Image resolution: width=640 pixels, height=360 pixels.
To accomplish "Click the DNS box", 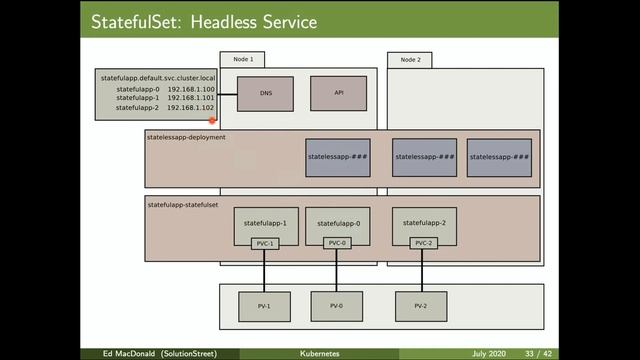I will [x=265, y=93].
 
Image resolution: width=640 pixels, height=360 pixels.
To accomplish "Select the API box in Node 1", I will [x=338, y=93].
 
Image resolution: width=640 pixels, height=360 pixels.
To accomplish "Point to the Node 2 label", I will [x=410, y=59].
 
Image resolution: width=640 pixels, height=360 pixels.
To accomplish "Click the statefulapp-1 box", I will [x=265, y=224].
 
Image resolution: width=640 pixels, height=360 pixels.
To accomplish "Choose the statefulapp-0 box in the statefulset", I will [x=336, y=224].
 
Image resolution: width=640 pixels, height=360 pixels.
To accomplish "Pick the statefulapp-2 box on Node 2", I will [x=424, y=224].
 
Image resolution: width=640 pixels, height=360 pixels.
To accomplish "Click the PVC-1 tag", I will [x=265, y=243].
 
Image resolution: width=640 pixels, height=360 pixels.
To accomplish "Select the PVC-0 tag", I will [x=336, y=243].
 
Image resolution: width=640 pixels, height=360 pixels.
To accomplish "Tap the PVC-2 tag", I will [x=424, y=243].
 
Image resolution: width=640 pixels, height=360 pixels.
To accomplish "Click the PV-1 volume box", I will [x=265, y=306].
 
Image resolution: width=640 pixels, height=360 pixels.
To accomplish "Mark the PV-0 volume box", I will [x=336, y=306].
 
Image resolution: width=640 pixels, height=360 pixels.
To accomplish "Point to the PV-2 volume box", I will [x=420, y=306].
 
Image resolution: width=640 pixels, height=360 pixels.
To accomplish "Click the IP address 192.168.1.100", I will [x=191, y=89].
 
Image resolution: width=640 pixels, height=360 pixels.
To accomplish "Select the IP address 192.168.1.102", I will [x=191, y=107].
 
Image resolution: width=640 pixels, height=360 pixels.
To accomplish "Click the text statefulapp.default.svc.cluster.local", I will [x=158, y=77].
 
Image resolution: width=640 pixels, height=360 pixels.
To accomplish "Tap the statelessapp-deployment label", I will [x=186, y=137].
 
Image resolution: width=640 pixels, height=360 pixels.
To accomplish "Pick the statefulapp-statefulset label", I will [x=183, y=204].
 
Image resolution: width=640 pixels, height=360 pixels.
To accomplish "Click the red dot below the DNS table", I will [x=213, y=120].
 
